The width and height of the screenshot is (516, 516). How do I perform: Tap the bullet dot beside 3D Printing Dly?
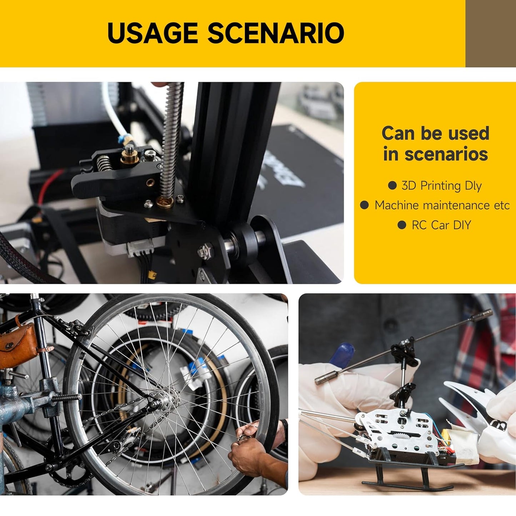click(x=392, y=185)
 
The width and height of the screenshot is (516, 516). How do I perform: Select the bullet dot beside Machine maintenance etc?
click(x=365, y=205)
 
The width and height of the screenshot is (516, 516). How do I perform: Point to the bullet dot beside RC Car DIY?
click(x=402, y=225)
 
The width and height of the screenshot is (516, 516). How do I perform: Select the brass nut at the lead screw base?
click(x=165, y=202)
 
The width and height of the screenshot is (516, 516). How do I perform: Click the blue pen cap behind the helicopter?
click(x=341, y=354)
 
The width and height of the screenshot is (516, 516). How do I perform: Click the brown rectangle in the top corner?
click(x=491, y=34)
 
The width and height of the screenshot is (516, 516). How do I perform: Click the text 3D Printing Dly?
click(x=442, y=186)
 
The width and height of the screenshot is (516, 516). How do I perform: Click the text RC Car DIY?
click(x=441, y=225)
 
